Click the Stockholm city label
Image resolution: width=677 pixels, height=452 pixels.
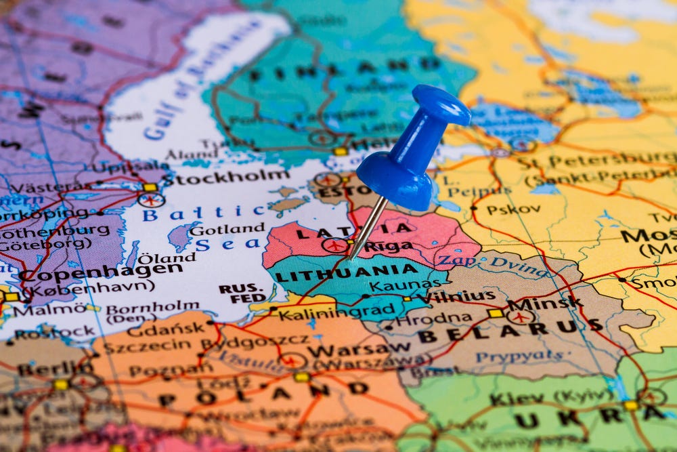pos(226,178)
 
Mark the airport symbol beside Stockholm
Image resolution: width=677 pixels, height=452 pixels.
pos(151,200)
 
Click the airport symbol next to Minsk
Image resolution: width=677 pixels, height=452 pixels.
pos(521,316)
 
